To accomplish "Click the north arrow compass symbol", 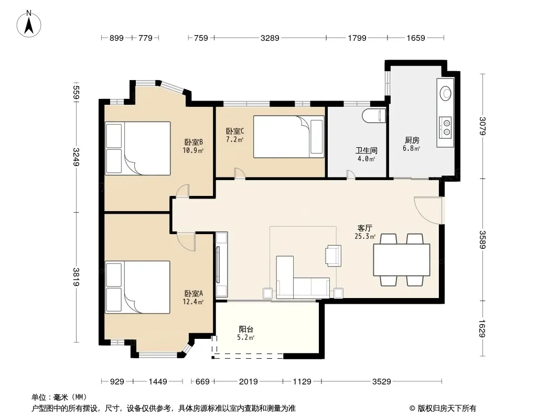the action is pos(29,24).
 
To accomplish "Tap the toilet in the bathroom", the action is pos(374,116).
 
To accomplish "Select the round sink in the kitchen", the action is pos(445,94).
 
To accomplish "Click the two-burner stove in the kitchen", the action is pos(445,127).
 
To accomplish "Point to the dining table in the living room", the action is pos(402,259).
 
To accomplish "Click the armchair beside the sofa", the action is pos(333,256).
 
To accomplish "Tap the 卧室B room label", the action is pos(193,142).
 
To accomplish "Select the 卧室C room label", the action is pos(235,131).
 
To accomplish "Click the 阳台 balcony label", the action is pos(246,329).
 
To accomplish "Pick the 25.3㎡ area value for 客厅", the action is pos(364,236).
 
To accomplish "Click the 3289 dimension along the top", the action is pos(270,38).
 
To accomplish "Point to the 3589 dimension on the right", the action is pos(482,239).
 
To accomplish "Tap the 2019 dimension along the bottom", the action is pos(248,382).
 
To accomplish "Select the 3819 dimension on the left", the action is pos(76,277).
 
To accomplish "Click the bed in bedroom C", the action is pos(289,136).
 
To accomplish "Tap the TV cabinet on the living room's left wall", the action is pos(221,264).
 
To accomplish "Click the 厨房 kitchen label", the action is pos(412,140).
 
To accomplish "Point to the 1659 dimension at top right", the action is pos(416,38).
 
